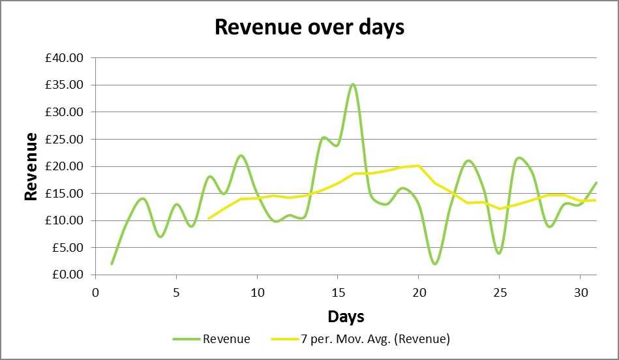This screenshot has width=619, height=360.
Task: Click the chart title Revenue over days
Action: coord(309,27)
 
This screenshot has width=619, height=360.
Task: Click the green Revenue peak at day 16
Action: coord(353,84)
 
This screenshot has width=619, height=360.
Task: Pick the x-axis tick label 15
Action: coord(337,290)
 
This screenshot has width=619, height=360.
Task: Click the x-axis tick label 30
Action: coord(580,290)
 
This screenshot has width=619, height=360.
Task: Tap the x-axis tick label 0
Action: coord(95,290)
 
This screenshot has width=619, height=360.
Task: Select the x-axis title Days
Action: coord(346,317)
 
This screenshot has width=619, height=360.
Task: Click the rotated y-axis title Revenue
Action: coord(31,166)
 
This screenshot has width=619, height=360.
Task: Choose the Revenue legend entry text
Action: coord(226,338)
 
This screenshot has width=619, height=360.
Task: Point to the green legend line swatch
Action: coord(186,339)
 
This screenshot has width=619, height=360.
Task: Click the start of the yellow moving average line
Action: coord(208,218)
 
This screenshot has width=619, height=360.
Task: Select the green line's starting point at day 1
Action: coord(112,263)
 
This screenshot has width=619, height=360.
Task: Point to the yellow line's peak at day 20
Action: coord(418,166)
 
